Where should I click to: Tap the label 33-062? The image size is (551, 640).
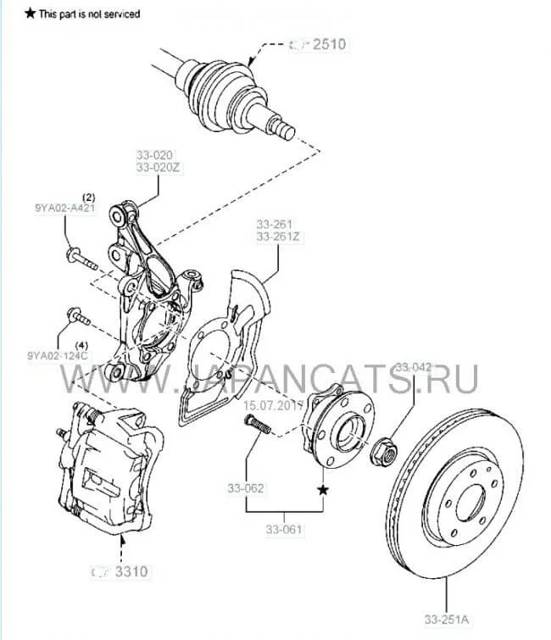[246, 488]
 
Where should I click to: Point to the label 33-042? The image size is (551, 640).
[415, 368]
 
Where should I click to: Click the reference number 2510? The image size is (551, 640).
[329, 44]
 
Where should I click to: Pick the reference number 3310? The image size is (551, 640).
[131, 571]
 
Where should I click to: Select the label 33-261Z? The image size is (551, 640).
[278, 237]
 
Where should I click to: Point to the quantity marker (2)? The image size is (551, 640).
[88, 197]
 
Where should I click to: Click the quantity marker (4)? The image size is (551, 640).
[82, 344]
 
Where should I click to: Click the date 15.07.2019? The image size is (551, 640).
[273, 404]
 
